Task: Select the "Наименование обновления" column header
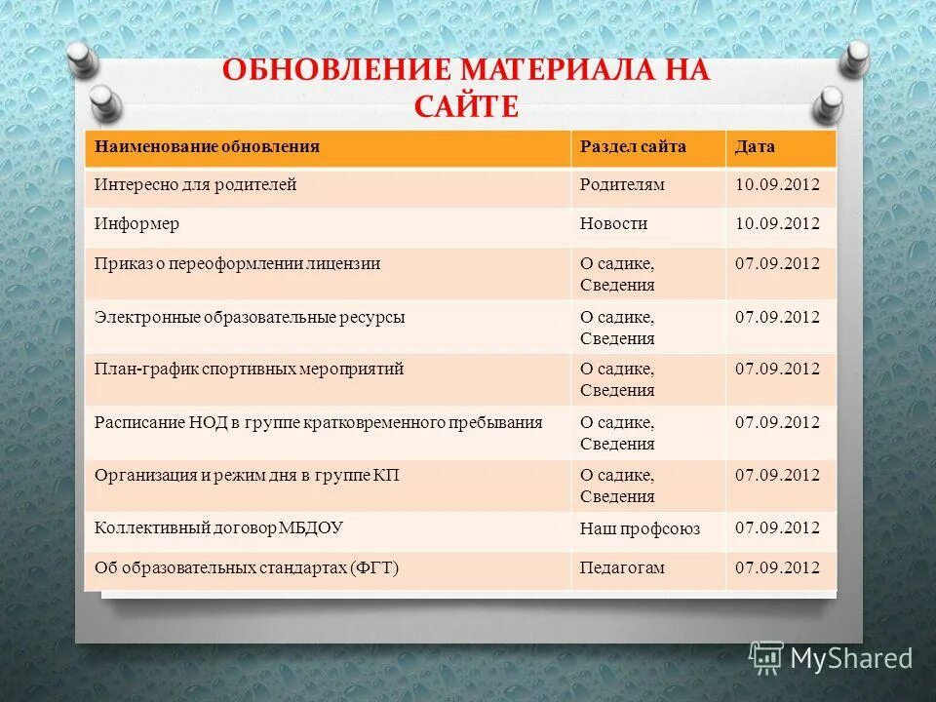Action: (x=208, y=147)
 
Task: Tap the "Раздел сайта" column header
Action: (x=633, y=147)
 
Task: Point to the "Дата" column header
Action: (x=755, y=147)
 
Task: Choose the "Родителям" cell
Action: (x=622, y=184)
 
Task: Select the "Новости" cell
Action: (x=614, y=223)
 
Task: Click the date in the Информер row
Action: (x=777, y=223)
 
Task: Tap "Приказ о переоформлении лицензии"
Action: (x=237, y=263)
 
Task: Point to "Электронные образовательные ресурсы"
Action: (x=250, y=317)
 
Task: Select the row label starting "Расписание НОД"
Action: (x=318, y=422)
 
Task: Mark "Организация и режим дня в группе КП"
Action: (x=247, y=475)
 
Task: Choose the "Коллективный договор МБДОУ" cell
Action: (x=218, y=527)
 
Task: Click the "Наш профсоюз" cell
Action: (x=640, y=528)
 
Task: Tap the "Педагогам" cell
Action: (x=622, y=567)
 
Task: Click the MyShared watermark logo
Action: (x=831, y=657)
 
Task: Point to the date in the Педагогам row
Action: (x=777, y=567)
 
